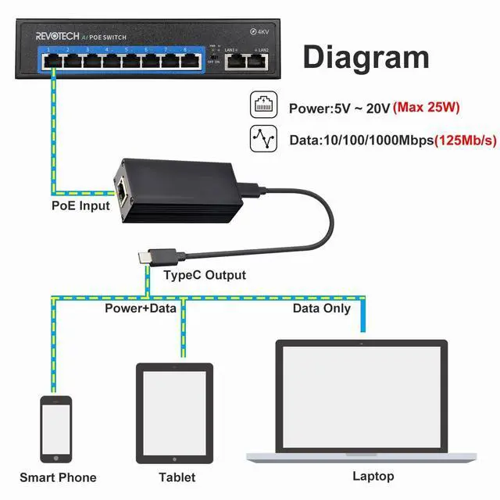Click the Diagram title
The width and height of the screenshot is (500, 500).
(366, 57)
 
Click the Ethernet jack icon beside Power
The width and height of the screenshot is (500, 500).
(263, 106)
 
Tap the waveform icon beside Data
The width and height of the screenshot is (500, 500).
(263, 139)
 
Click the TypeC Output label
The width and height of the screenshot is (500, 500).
(205, 275)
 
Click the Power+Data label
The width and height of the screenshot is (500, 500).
(141, 308)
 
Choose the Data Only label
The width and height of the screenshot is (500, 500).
(322, 308)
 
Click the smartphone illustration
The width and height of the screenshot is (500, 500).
(56, 429)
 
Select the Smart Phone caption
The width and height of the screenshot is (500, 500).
(58, 477)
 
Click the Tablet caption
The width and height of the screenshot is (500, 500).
(177, 477)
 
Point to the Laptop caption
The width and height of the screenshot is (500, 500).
(373, 476)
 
